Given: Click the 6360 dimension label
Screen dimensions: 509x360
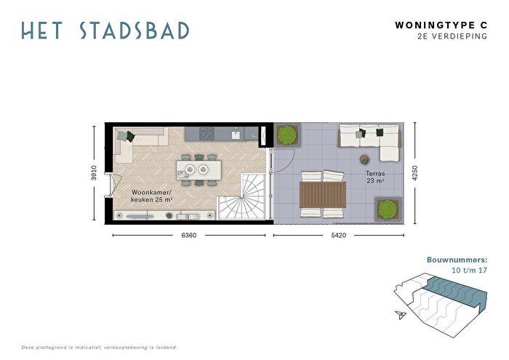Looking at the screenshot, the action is pyautogui.click(x=188, y=236).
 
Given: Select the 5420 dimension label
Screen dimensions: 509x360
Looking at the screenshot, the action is pyautogui.click(x=338, y=236).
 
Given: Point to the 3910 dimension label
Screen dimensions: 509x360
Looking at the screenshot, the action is pyautogui.click(x=94, y=172).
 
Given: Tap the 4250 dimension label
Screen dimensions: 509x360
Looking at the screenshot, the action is pyautogui.click(x=414, y=173).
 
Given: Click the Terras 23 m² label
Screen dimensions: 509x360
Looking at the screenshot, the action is pyautogui.click(x=376, y=177).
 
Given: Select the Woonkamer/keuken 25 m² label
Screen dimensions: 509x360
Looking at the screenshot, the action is pyautogui.click(x=151, y=196).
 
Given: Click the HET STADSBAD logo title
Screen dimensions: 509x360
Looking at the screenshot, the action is pyautogui.click(x=105, y=31).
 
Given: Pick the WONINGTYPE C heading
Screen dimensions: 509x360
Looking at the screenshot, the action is pyautogui.click(x=441, y=25).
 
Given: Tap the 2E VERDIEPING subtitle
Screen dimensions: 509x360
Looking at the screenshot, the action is pyautogui.click(x=452, y=36).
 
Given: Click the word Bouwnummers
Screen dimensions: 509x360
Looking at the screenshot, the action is pyautogui.click(x=457, y=260).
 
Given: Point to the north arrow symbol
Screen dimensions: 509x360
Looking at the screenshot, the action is pyautogui.click(x=401, y=315).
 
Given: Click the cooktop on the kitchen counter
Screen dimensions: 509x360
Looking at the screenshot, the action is pyautogui.click(x=207, y=133).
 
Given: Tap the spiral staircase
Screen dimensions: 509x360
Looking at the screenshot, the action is pyautogui.click(x=241, y=197).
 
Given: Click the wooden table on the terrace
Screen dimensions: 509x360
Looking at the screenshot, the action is pyautogui.click(x=323, y=195).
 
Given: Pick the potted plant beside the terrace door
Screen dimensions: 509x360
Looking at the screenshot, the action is pyautogui.click(x=288, y=135).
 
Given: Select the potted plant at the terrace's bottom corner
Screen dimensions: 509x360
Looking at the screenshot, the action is pyautogui.click(x=388, y=209).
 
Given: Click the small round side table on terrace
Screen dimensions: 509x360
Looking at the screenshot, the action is pyautogui.click(x=364, y=159).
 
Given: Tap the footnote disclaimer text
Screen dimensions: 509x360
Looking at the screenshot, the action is pyautogui.click(x=100, y=348).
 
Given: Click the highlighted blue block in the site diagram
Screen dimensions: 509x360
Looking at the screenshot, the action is pyautogui.click(x=456, y=290).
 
